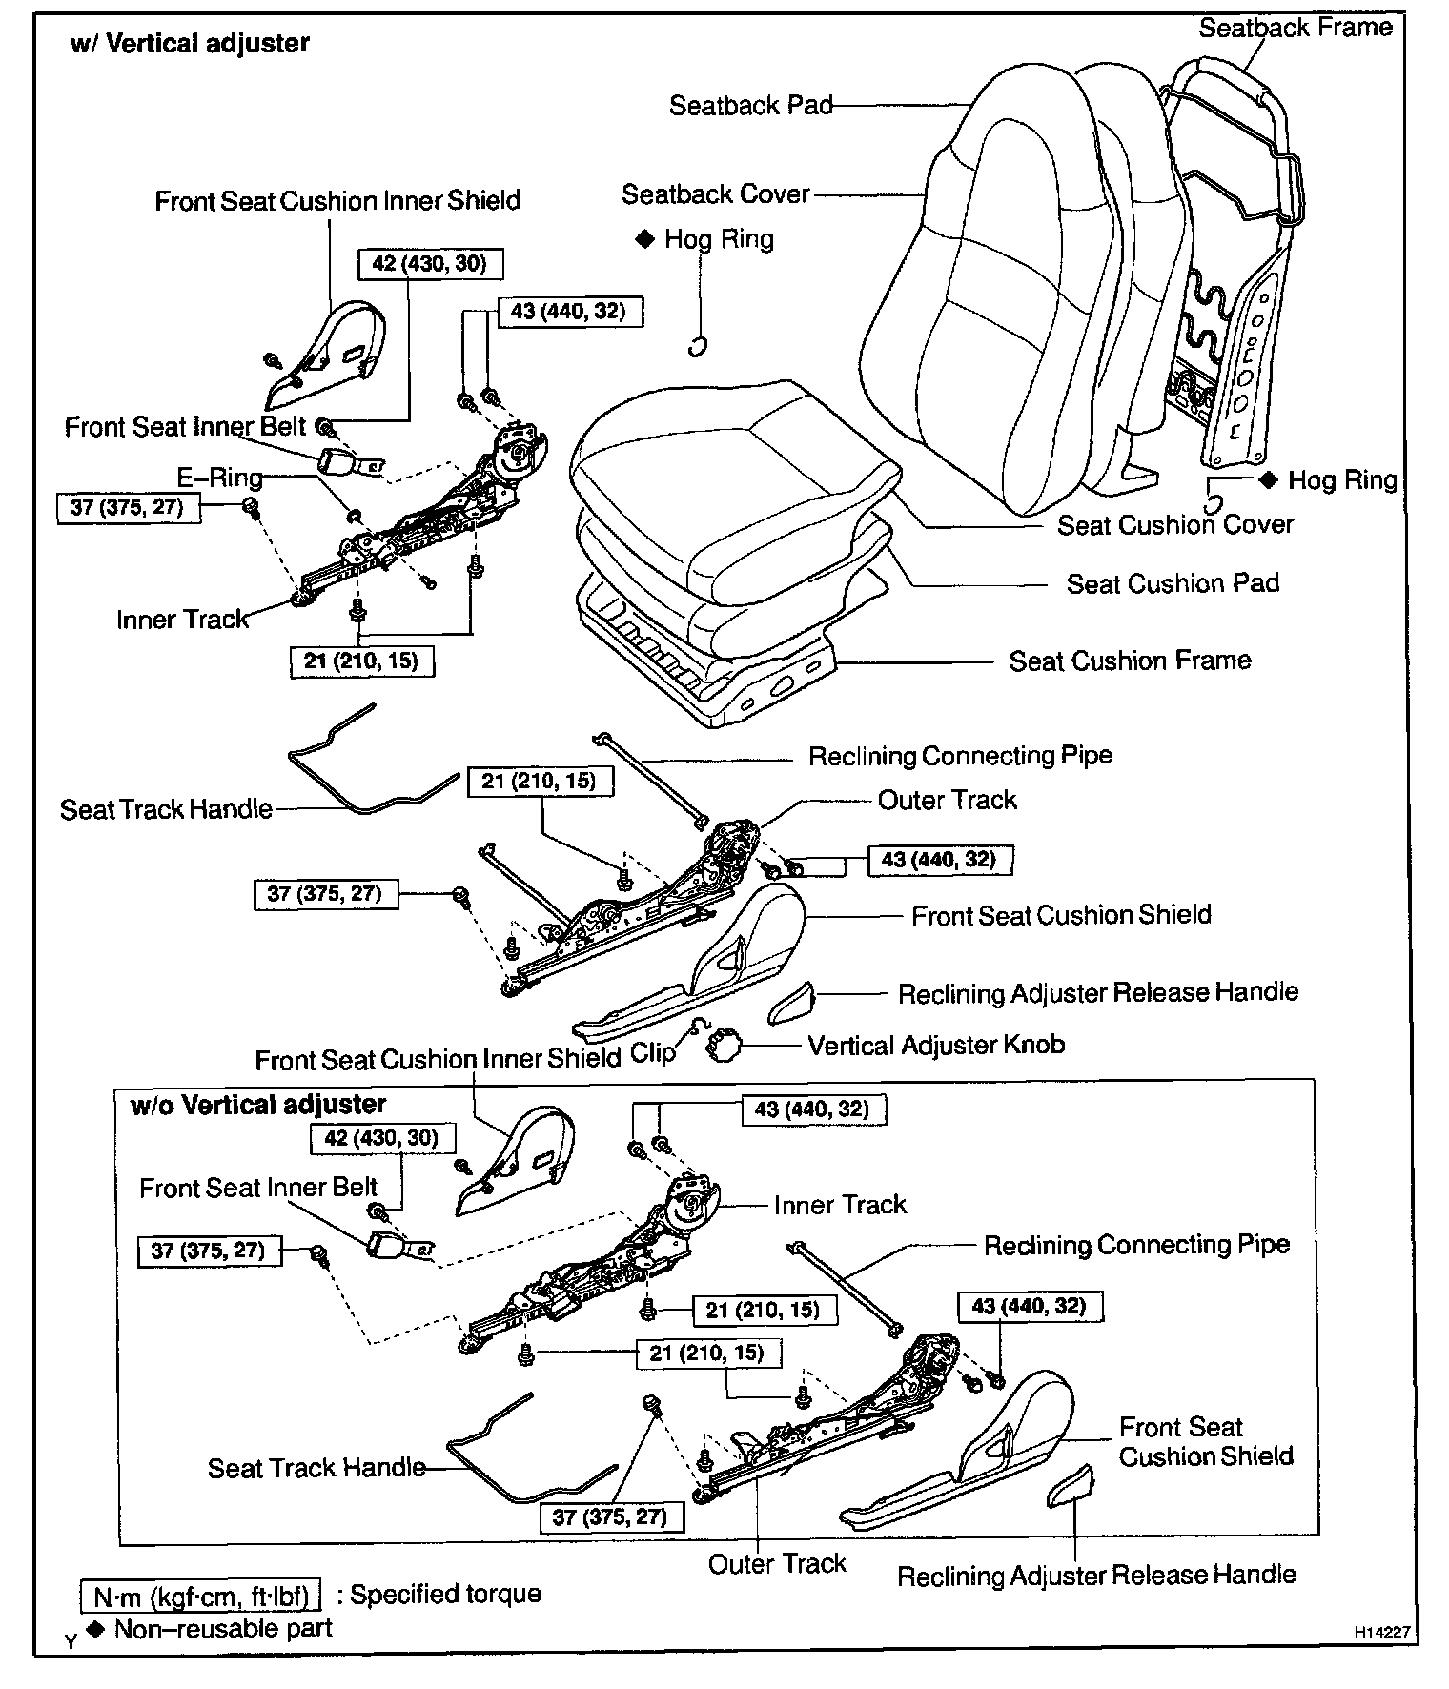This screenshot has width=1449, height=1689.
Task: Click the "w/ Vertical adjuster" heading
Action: pos(190,44)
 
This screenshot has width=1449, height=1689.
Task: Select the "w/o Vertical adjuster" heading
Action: pos(257,1105)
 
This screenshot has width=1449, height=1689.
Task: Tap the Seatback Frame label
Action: pos(1296,28)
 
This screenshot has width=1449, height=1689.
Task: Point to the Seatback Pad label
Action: pos(751,105)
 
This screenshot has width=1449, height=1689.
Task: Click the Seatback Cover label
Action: pos(715,194)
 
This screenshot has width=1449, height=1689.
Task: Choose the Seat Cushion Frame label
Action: pos(1130,661)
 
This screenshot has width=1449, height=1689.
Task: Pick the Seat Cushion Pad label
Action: pos(1173,583)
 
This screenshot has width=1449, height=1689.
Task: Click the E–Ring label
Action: pos(220,478)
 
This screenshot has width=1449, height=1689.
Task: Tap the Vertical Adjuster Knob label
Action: pos(936,1045)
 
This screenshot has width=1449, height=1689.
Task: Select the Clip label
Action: pos(653,1052)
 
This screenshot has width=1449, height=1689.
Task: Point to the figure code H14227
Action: pos(1381,1632)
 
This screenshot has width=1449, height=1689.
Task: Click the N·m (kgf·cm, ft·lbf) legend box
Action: pos(200,1594)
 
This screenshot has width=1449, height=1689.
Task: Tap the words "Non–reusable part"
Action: pos(223,1628)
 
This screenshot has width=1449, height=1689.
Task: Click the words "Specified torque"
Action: pos(445,1594)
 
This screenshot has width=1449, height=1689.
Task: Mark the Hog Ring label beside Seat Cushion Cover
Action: pos(1342,480)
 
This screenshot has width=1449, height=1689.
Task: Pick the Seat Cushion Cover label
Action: pos(1175,524)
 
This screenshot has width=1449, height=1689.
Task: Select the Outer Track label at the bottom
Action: pos(777,1563)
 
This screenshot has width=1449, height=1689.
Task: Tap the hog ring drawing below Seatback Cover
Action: pos(698,346)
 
